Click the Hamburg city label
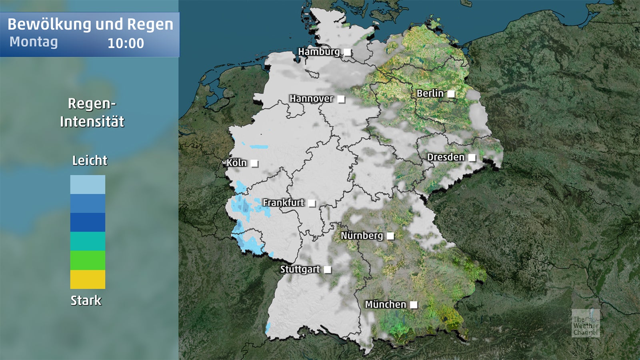[x=319, y=52]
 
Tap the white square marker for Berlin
[x=451, y=94]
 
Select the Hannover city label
[x=311, y=98]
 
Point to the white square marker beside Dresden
[x=472, y=158]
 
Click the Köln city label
[x=236, y=163]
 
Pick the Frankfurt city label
[x=283, y=203]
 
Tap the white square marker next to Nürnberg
[x=390, y=236]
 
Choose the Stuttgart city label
[x=300, y=269]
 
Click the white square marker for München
[x=414, y=305]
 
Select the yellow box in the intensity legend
[x=88, y=279]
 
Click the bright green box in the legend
[x=88, y=260]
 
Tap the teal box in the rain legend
[x=88, y=241]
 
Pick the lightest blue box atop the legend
[x=88, y=184]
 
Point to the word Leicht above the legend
[x=90, y=161]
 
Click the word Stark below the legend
[x=86, y=300]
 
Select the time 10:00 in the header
[x=126, y=43]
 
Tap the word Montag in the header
[x=34, y=42]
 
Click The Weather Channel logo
[x=585, y=323]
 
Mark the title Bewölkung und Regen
[x=90, y=24]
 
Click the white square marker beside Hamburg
[x=348, y=52]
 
